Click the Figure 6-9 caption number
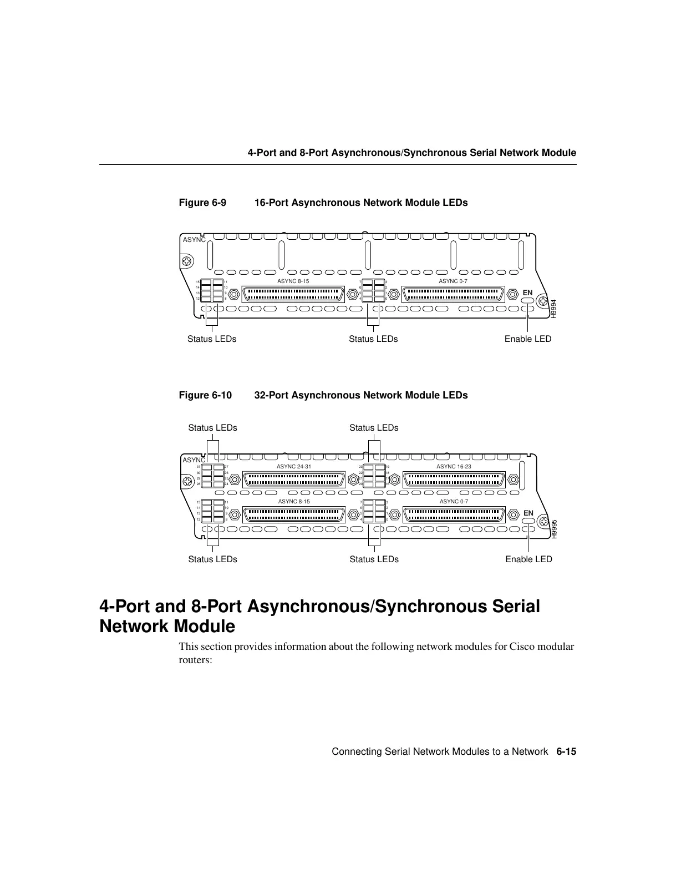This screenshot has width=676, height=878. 202,203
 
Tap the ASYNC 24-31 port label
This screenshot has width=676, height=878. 294,467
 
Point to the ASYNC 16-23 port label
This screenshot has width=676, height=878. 454,467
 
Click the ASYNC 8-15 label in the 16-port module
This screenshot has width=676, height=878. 293,281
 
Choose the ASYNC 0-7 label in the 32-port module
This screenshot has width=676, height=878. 454,502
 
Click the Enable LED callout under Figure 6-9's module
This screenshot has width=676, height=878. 528,339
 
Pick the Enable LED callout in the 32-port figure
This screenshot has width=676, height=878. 528,559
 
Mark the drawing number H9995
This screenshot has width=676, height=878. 553,528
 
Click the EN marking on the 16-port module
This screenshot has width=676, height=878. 527,292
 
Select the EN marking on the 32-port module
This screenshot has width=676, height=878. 528,513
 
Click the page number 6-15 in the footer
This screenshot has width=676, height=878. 566,751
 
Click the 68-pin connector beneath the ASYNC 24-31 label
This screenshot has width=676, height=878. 294,479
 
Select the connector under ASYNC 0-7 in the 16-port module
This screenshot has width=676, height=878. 454,294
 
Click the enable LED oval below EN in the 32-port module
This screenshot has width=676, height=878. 528,522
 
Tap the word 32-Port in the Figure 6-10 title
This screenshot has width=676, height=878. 271,395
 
